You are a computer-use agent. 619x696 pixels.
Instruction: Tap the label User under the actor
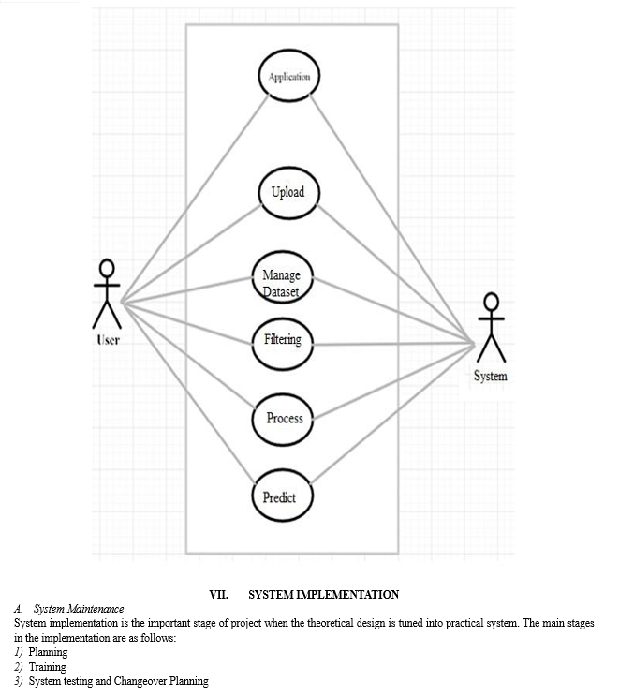point(109,340)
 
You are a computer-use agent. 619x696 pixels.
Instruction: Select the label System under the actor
point(491,376)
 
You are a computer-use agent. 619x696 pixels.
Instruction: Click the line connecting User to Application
point(195,200)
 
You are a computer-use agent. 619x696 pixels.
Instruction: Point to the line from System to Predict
point(392,414)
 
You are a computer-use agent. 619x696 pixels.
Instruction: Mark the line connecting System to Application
point(391,219)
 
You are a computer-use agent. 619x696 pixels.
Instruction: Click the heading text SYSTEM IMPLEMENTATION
point(323,595)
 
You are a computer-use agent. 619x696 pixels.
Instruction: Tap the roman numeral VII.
point(219,595)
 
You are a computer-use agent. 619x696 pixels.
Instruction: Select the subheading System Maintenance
point(79,609)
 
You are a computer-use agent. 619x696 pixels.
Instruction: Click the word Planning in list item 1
point(49,652)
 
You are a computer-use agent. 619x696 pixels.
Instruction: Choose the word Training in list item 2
point(48,667)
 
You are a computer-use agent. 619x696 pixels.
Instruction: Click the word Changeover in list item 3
point(140,681)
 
